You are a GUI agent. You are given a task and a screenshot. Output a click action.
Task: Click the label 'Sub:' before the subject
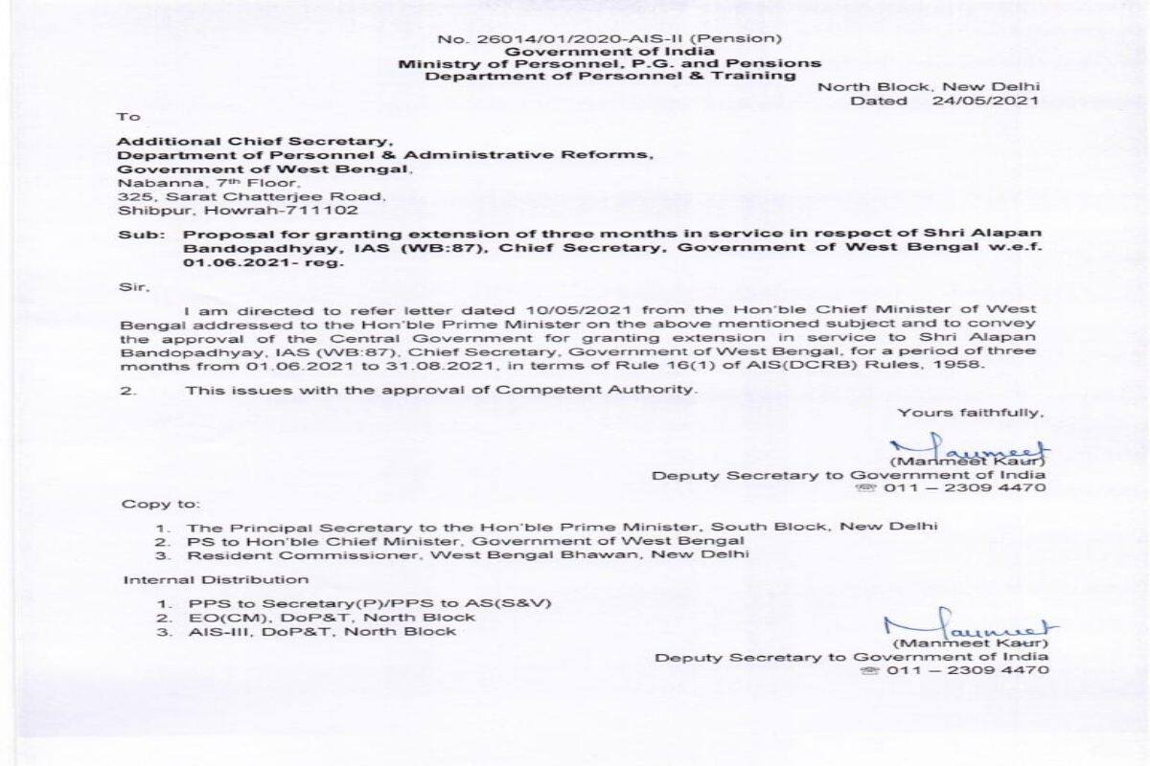click(133, 235)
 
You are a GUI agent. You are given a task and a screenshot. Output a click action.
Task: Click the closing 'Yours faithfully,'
click(969, 412)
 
